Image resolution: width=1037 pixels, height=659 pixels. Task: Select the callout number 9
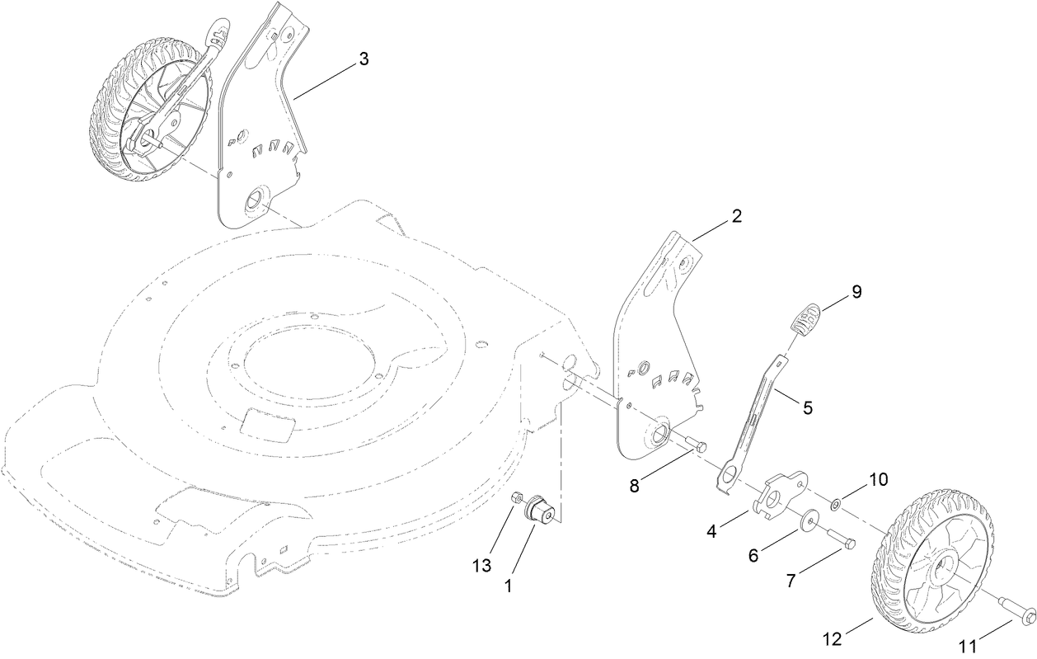(856, 291)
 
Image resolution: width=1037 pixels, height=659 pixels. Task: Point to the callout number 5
(807, 407)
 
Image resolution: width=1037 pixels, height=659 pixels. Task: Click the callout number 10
(878, 479)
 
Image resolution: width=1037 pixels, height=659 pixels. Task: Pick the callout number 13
(482, 565)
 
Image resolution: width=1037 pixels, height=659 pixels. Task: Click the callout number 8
(634, 486)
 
